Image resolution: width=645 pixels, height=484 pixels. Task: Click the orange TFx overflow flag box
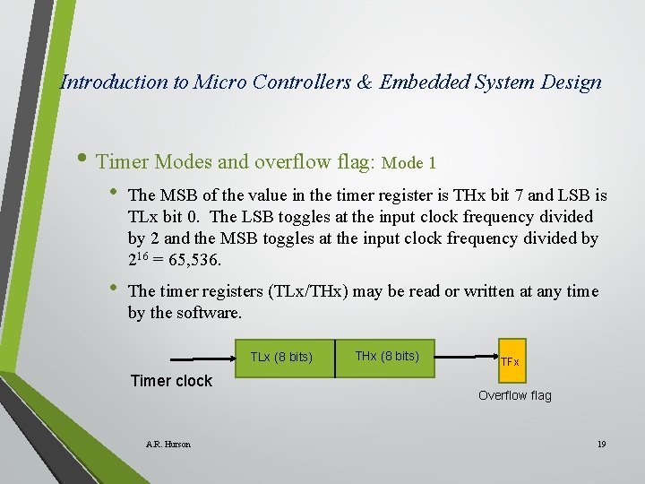tap(509, 361)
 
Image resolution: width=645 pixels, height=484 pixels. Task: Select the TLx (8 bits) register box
tap(280, 357)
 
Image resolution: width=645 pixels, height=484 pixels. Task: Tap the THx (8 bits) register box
tap(386, 356)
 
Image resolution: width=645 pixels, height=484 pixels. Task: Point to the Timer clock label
tap(171, 381)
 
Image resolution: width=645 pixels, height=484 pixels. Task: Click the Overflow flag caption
tap(514, 395)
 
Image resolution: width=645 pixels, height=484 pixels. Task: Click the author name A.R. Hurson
tap(168, 445)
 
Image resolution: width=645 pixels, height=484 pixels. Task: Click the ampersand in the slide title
tap(364, 82)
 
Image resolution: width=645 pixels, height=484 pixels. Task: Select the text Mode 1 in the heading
tap(408, 163)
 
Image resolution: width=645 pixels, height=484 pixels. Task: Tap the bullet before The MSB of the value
tap(114, 195)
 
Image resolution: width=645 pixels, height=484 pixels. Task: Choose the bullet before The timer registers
tap(114, 291)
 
